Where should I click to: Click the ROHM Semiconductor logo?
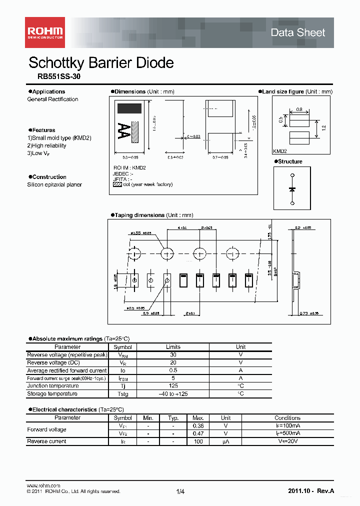coord(45,32)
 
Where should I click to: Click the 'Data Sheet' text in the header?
coord(297,32)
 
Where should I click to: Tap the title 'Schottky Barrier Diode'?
coord(101,63)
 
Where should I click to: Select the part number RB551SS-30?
coord(58,77)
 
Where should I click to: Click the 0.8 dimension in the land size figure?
coord(299,109)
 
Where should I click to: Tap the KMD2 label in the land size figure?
coord(280,150)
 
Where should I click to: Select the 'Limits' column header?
coord(173,347)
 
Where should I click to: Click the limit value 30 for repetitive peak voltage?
coord(173,354)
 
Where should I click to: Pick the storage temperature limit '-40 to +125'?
coord(173,394)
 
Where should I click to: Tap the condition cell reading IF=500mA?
coord(287,433)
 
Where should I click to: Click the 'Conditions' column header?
coord(287,418)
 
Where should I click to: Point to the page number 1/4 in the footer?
coord(180,492)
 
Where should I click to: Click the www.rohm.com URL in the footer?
coord(43,485)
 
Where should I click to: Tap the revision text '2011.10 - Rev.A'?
coord(311,491)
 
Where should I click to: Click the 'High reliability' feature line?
coord(46,145)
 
